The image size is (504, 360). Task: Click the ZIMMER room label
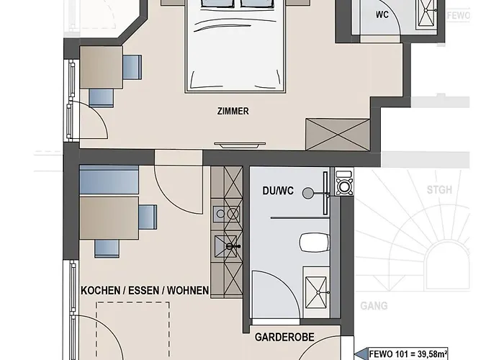(233, 111)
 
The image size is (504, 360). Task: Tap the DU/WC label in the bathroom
(278, 191)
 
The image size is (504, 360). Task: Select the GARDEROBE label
(284, 337)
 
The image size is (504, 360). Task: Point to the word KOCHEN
(100, 291)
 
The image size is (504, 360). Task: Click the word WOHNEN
(188, 291)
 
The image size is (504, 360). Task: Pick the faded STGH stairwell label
(439, 190)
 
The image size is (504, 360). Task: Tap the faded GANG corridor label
(374, 306)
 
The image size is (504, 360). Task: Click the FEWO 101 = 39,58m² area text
(408, 354)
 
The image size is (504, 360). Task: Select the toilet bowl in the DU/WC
(315, 243)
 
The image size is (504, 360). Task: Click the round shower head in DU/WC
(308, 193)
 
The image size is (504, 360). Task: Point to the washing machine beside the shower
(344, 182)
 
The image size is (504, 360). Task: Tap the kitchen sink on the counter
(225, 246)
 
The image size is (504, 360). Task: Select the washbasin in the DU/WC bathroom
(316, 292)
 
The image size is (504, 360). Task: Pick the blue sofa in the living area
(109, 180)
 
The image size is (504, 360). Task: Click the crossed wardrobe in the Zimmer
(338, 135)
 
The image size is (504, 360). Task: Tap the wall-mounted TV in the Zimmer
(240, 145)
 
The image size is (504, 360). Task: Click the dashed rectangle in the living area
(133, 330)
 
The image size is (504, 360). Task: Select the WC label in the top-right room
(382, 15)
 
